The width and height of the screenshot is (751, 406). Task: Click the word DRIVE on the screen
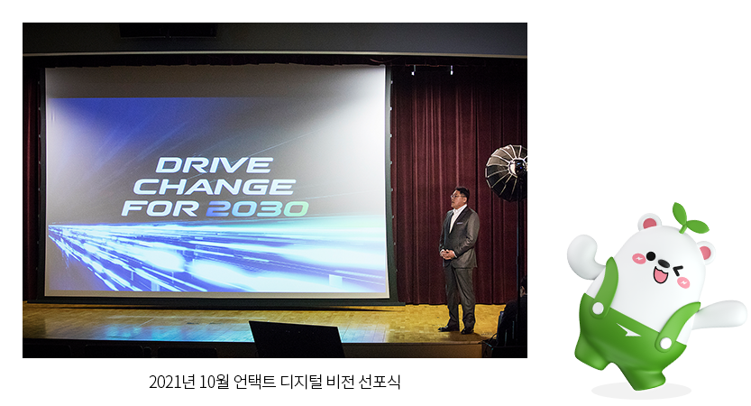[x=214, y=165]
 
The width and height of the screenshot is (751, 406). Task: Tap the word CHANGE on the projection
[x=214, y=187]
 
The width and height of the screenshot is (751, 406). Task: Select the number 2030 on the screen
[x=258, y=209]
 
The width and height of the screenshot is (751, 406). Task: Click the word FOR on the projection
[x=160, y=209]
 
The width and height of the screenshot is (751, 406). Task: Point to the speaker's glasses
[x=457, y=195]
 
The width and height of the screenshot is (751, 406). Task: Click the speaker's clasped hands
[x=447, y=254]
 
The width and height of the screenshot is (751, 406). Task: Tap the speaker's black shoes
[x=456, y=329]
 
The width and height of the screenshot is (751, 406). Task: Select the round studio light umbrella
[x=507, y=172]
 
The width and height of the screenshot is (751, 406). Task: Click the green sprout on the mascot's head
[x=689, y=218]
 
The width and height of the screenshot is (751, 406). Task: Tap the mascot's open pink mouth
[x=662, y=274]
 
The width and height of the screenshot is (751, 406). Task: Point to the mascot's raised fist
[x=582, y=249]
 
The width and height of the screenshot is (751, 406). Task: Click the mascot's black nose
[x=664, y=263]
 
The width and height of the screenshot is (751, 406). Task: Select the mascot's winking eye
[x=680, y=272]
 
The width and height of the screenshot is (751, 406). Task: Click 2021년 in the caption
[x=171, y=382]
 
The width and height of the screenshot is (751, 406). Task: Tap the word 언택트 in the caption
[x=254, y=382]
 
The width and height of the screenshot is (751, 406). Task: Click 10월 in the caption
[x=214, y=382]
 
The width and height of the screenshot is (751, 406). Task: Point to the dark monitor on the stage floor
[x=296, y=339]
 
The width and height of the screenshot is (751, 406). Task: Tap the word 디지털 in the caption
[x=301, y=382]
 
